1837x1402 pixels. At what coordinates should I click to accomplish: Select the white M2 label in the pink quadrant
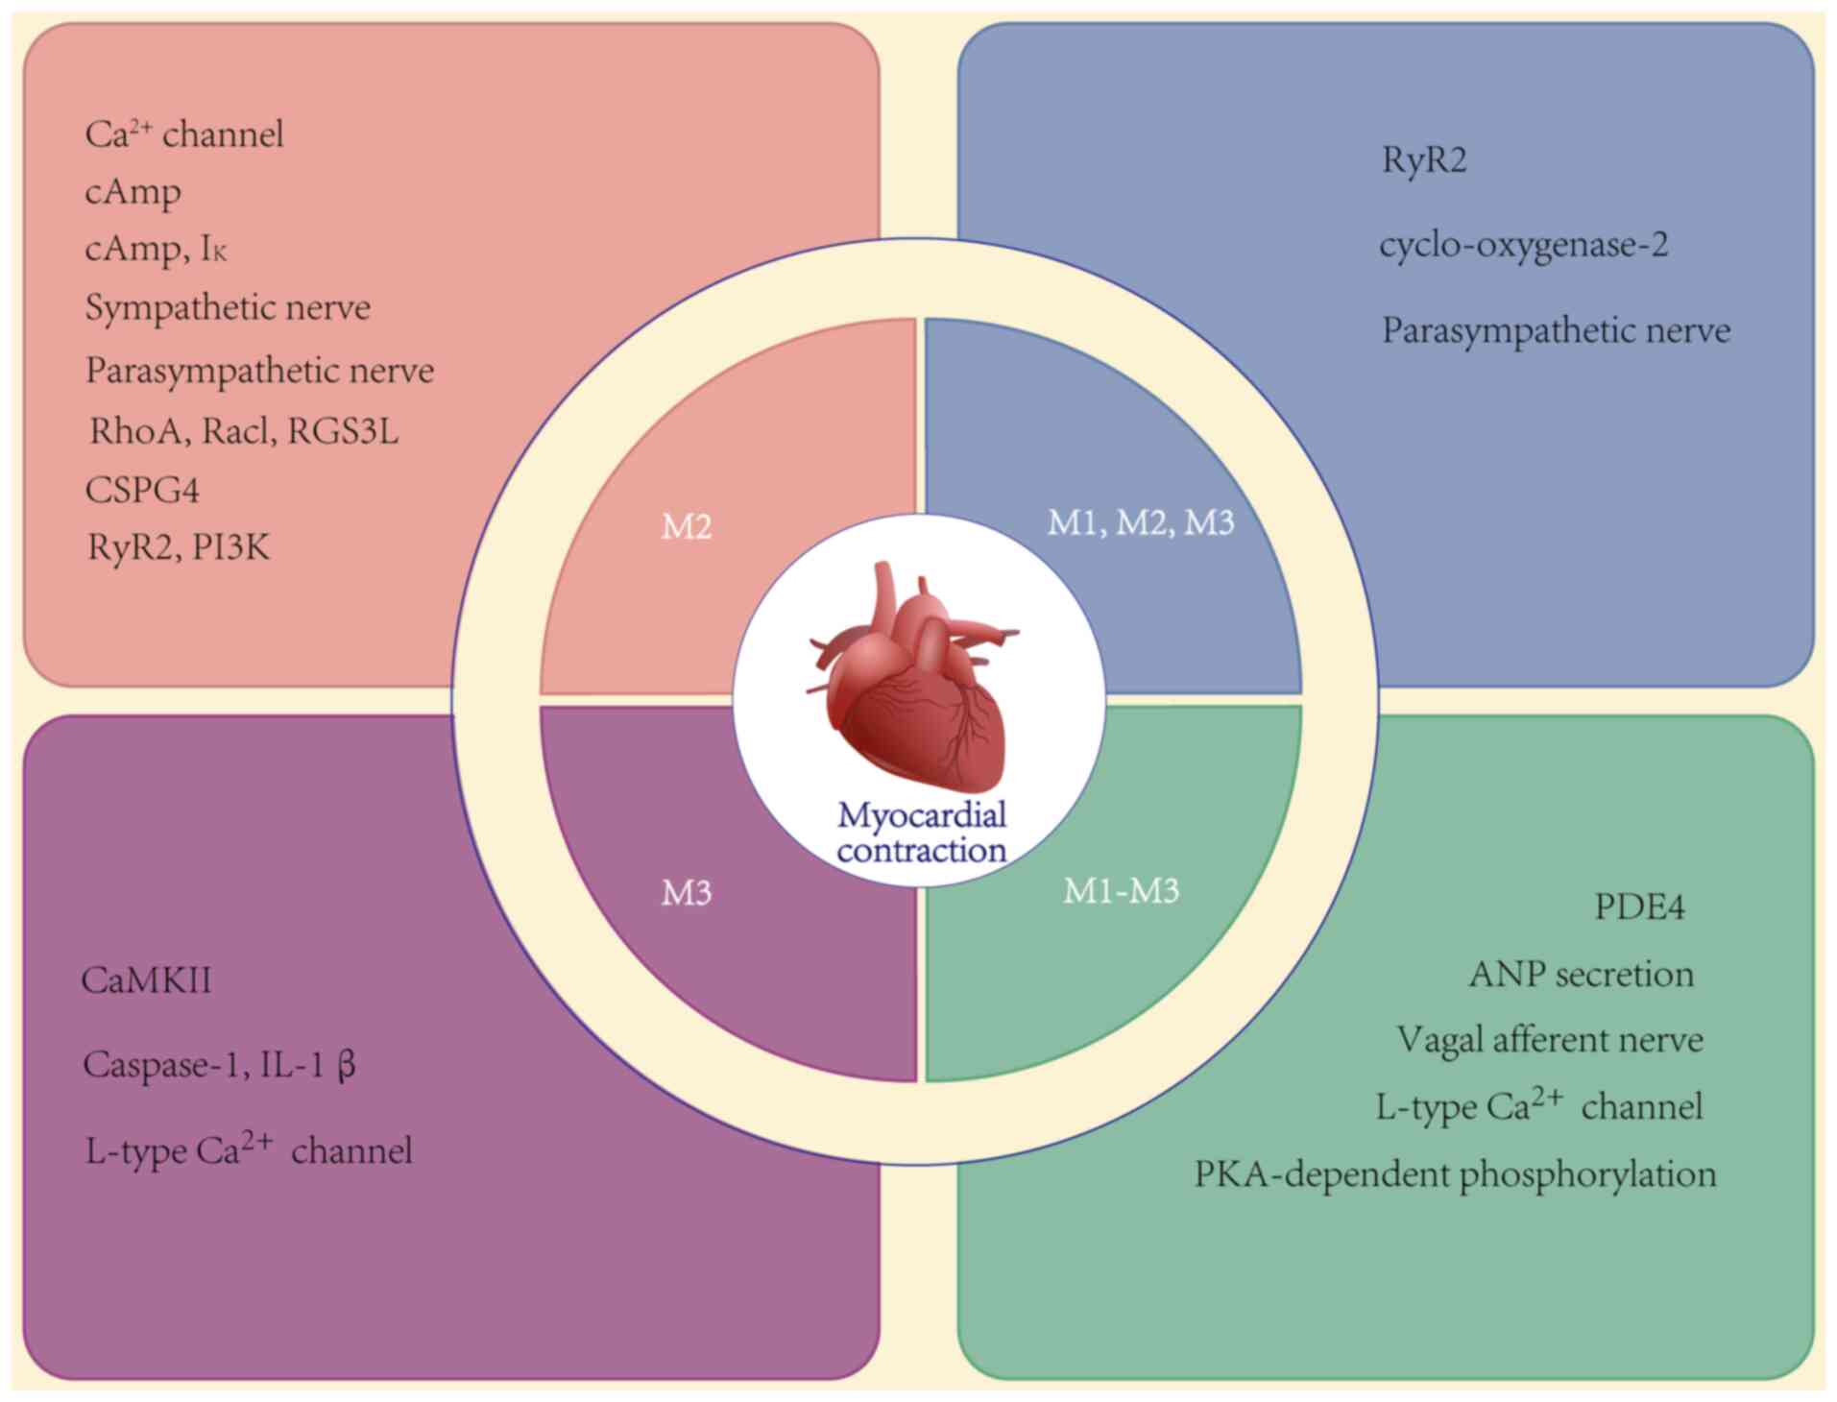(x=687, y=526)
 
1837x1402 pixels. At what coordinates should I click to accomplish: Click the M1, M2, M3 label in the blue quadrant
(x=1140, y=522)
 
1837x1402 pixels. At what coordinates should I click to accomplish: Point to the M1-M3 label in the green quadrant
(x=1121, y=891)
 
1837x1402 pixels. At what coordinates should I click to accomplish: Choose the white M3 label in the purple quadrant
(x=687, y=893)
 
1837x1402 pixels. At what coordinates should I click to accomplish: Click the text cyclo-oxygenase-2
(x=1524, y=246)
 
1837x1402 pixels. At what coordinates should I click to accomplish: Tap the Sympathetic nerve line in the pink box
(x=228, y=308)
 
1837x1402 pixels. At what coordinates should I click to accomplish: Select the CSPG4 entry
(x=142, y=490)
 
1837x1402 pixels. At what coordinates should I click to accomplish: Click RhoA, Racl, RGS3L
(x=244, y=431)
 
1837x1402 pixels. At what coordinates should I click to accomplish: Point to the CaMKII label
(x=147, y=980)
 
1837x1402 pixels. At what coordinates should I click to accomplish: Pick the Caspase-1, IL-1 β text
(x=220, y=1065)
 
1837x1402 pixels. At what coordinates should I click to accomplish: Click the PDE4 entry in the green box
(x=1639, y=906)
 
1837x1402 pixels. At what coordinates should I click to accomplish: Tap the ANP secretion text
(x=1581, y=975)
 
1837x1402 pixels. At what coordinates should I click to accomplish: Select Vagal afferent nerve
(x=1550, y=1040)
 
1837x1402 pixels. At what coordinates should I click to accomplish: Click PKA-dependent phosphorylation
(x=1455, y=1174)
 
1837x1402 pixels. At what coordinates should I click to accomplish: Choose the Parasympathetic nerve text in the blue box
(x=1556, y=331)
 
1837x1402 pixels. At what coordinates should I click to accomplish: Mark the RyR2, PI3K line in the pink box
(x=179, y=547)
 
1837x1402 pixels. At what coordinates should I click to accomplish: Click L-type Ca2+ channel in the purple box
(x=249, y=1148)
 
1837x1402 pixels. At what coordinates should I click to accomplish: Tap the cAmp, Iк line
(x=157, y=250)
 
